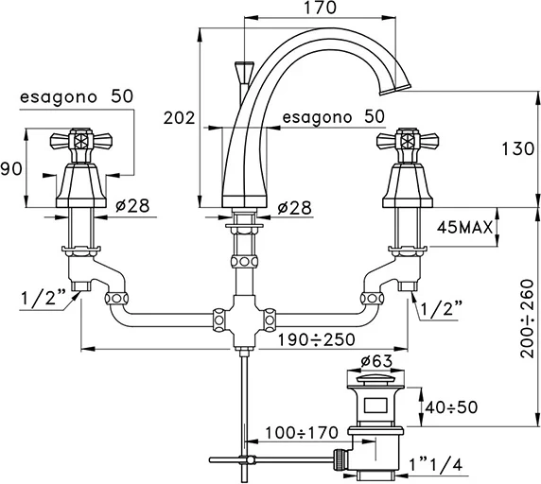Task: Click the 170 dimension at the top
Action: [x=320, y=8]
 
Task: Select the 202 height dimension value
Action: [x=179, y=118]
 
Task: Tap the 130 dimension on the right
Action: [x=517, y=149]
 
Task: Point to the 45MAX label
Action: [x=464, y=228]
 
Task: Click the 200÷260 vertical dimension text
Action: [x=528, y=319]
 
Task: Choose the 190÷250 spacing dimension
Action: [x=317, y=339]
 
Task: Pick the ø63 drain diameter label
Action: [x=376, y=361]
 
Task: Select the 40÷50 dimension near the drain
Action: [x=451, y=407]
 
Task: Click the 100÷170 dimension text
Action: [x=302, y=433]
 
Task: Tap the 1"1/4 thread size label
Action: [x=435, y=465]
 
